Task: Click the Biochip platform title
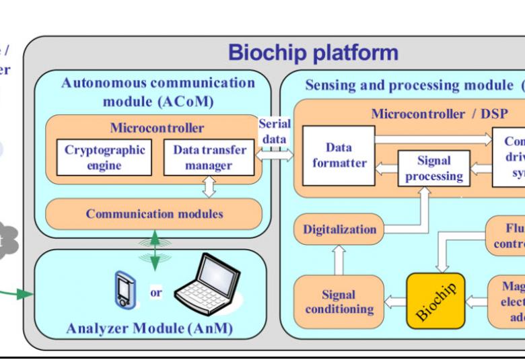(x=313, y=52)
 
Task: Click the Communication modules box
(x=153, y=215)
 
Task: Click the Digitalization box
(x=339, y=229)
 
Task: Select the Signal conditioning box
(x=339, y=302)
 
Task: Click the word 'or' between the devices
(x=155, y=293)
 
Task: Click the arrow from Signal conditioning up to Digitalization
(x=339, y=259)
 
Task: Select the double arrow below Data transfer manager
(x=209, y=186)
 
